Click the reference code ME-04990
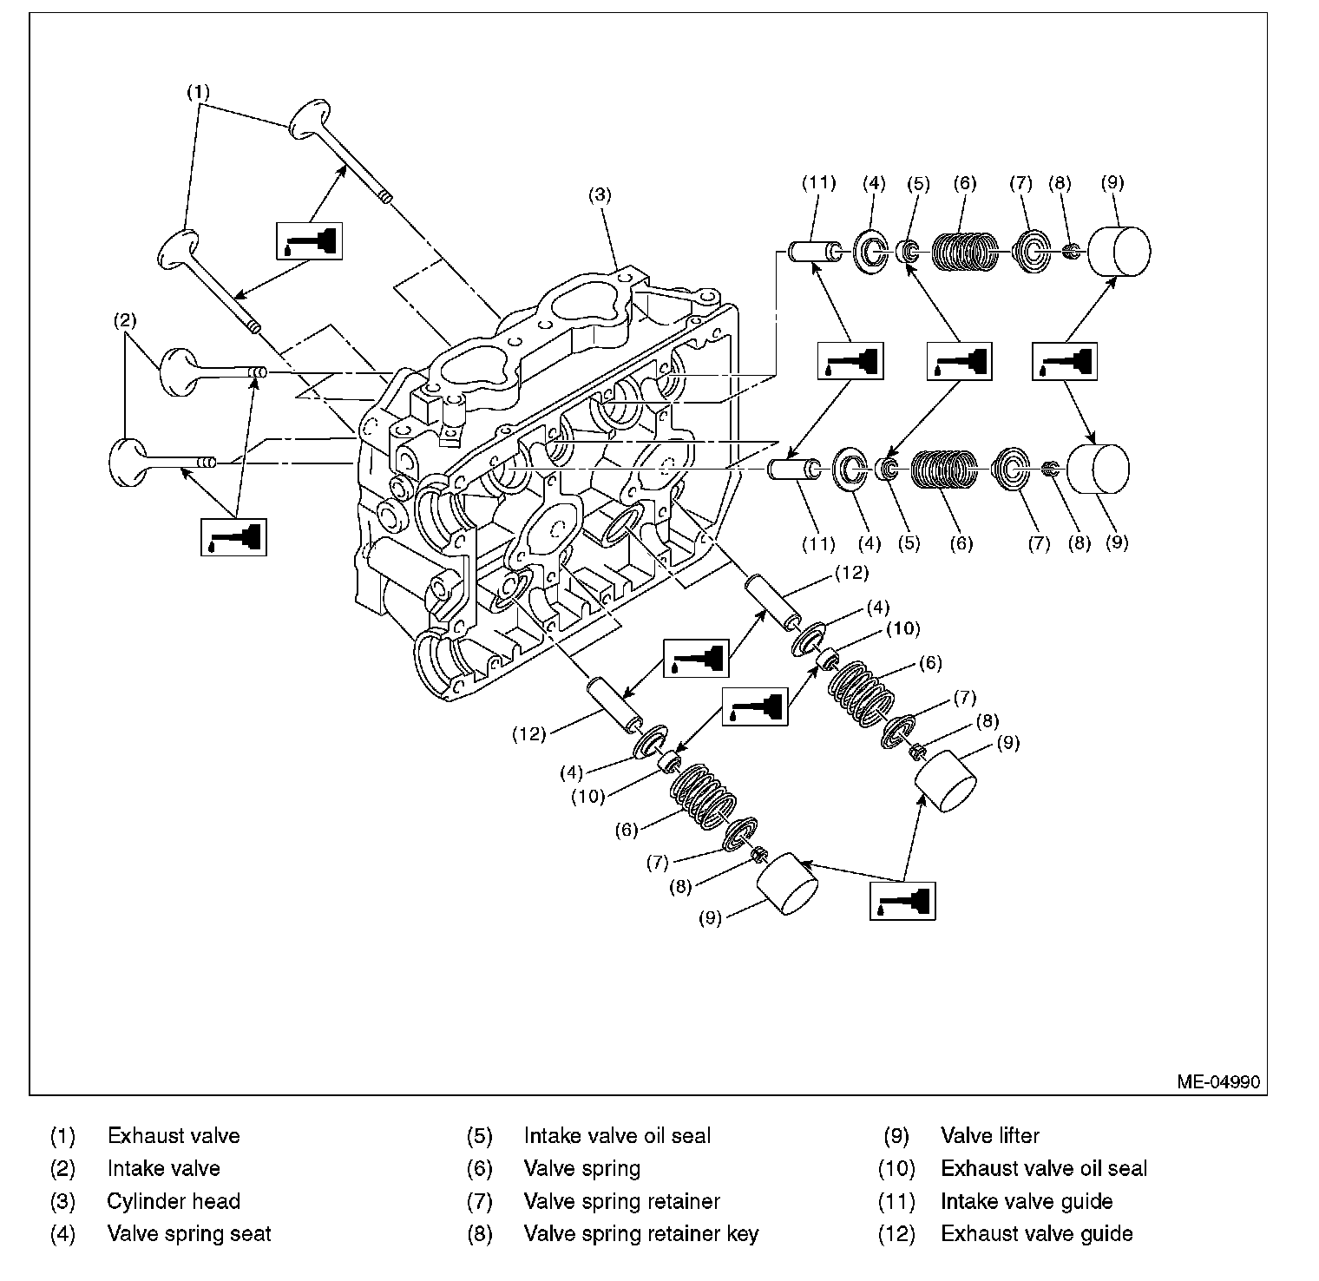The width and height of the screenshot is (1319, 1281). pos(1217,1082)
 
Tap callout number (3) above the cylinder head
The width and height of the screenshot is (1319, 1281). pos(600,195)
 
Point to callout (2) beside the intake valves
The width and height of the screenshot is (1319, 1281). pos(125,321)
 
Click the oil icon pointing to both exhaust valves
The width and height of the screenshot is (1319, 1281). pos(308,240)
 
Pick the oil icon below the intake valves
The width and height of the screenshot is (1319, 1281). pos(233,536)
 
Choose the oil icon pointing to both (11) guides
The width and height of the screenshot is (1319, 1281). pos(850,360)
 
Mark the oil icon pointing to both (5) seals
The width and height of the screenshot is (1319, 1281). pos(959,360)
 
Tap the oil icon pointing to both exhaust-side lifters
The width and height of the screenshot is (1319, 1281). pos(902,901)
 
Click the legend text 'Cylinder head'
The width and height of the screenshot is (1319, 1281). pos(174,1201)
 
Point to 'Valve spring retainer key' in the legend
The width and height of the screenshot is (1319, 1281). pos(640,1233)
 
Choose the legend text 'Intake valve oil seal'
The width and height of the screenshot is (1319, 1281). pos(617,1135)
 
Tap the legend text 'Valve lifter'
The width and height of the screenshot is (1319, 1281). pos(989,1135)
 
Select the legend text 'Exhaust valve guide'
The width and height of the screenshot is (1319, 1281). pos(1036,1233)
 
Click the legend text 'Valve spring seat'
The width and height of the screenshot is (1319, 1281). pos(189,1233)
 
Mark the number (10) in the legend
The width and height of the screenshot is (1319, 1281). pos(896,1168)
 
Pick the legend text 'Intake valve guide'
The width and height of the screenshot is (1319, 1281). pos(1027,1201)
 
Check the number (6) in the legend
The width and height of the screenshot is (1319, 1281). pos(479,1168)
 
